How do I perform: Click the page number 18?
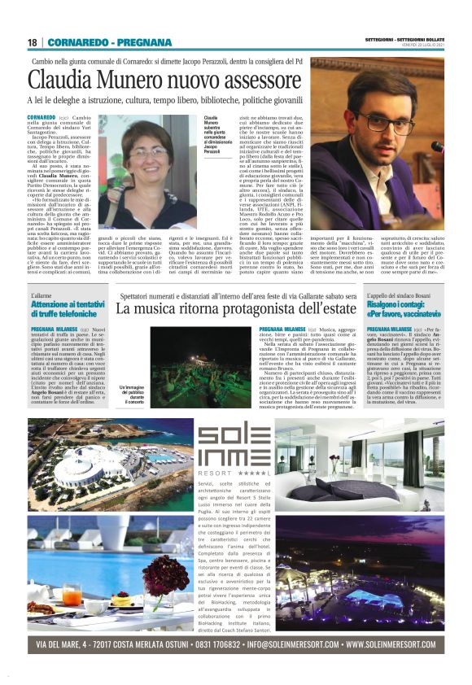33,42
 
